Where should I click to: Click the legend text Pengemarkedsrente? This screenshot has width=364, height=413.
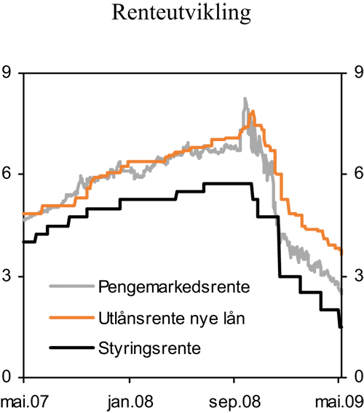[x=173, y=286]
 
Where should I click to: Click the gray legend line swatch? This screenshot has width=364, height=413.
[x=71, y=286]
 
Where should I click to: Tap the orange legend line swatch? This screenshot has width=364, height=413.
[x=71, y=317]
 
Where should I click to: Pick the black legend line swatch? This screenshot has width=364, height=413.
[x=71, y=348]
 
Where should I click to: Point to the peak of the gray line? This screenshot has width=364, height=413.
[x=245, y=99]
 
